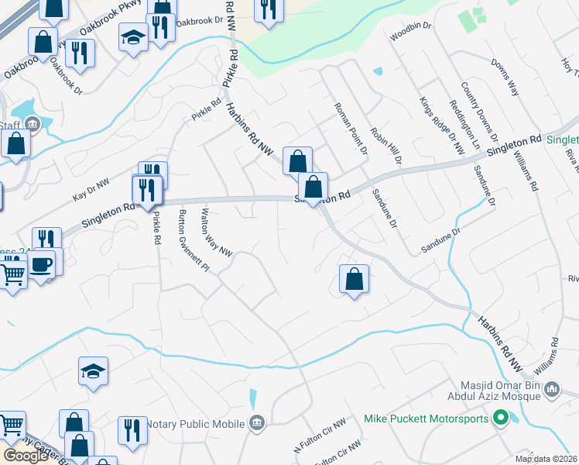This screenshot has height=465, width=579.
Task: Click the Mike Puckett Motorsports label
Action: pyautogui.click(x=426, y=419)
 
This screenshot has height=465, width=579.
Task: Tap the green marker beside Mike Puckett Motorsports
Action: pyautogui.click(x=500, y=419)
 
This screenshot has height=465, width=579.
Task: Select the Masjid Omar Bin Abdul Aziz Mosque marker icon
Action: pyautogui.click(x=552, y=389)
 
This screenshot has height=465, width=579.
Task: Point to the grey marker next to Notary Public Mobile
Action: pyautogui.click(x=258, y=422)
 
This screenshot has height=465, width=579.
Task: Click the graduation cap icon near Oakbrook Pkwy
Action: pyautogui.click(x=133, y=37)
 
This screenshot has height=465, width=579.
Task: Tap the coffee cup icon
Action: pyautogui.click(x=41, y=264)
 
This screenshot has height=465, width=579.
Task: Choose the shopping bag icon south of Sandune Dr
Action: pyautogui.click(x=354, y=279)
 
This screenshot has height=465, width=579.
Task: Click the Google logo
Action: pyautogui.click(x=26, y=456)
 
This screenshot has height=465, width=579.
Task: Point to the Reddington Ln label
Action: pyautogui.click(x=467, y=124)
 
